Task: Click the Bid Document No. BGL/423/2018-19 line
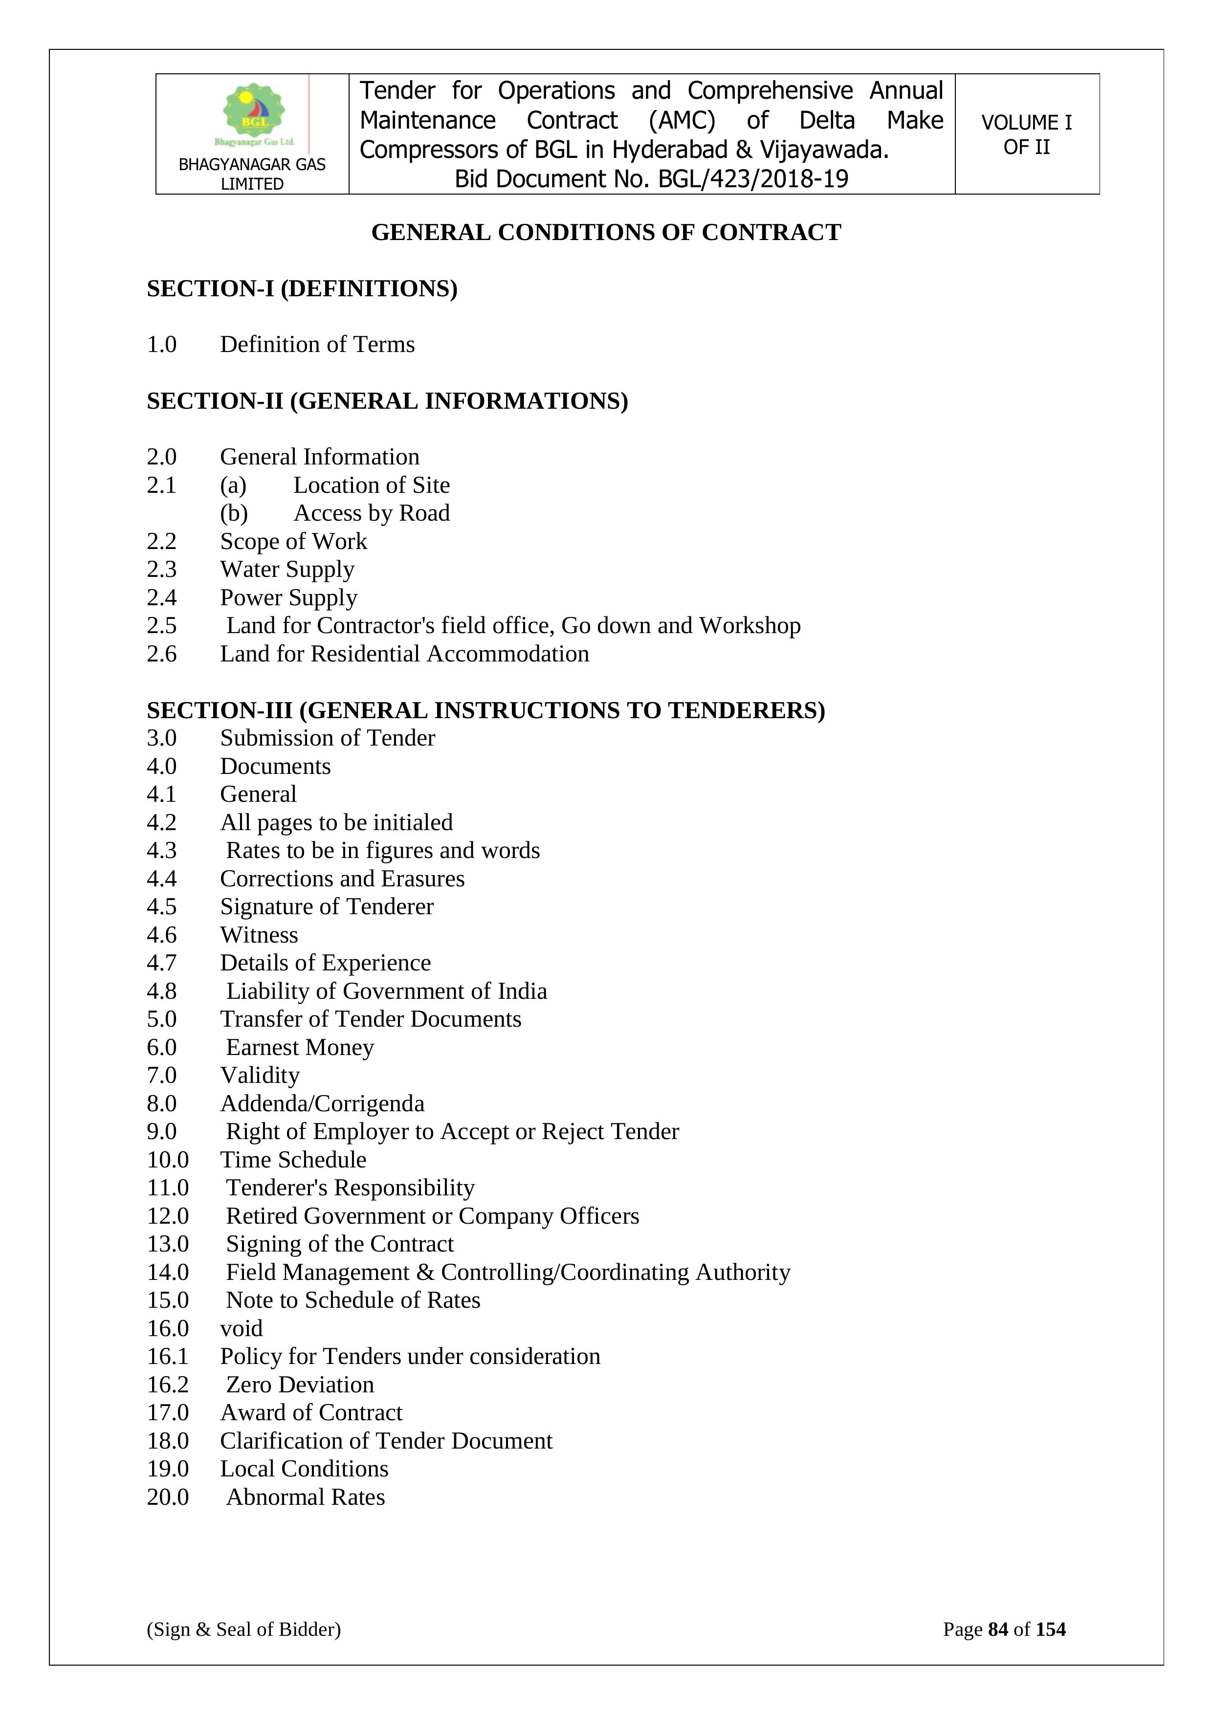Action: [x=651, y=179]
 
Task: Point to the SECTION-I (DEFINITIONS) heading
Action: [x=302, y=288]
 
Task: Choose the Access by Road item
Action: [x=371, y=513]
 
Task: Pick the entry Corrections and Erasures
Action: [x=342, y=879]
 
